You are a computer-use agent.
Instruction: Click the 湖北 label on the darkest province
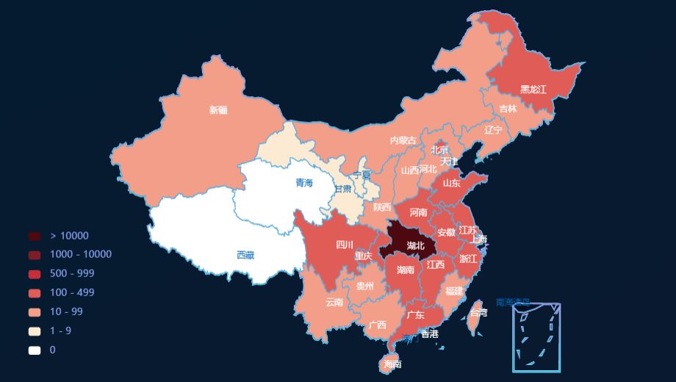[x=415, y=245]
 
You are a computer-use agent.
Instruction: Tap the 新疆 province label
[x=218, y=110]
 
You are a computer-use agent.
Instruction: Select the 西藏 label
[x=245, y=256]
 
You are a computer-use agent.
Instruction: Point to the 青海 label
[x=304, y=183]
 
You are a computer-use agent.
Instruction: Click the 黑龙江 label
[x=533, y=90]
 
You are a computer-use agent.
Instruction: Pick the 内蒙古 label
[x=403, y=140]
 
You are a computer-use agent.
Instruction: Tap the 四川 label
[x=345, y=245]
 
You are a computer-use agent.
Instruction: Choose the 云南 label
[x=334, y=302]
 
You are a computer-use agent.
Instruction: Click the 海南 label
[x=392, y=364]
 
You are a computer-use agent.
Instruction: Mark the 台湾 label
[x=478, y=312]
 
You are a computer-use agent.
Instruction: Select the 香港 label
[x=429, y=334]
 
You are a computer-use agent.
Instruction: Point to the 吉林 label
[x=508, y=109]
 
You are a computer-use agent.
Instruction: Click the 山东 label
[x=452, y=184]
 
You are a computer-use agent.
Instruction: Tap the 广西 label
[x=378, y=325]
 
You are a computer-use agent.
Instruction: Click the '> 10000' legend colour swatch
[x=35, y=236]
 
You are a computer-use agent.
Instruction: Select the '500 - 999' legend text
[x=72, y=274]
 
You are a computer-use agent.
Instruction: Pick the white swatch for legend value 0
[x=35, y=350]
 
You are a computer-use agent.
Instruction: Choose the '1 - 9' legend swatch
[x=35, y=331]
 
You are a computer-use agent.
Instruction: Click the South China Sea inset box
[x=536, y=336]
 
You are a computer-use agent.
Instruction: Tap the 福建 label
[x=454, y=291]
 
